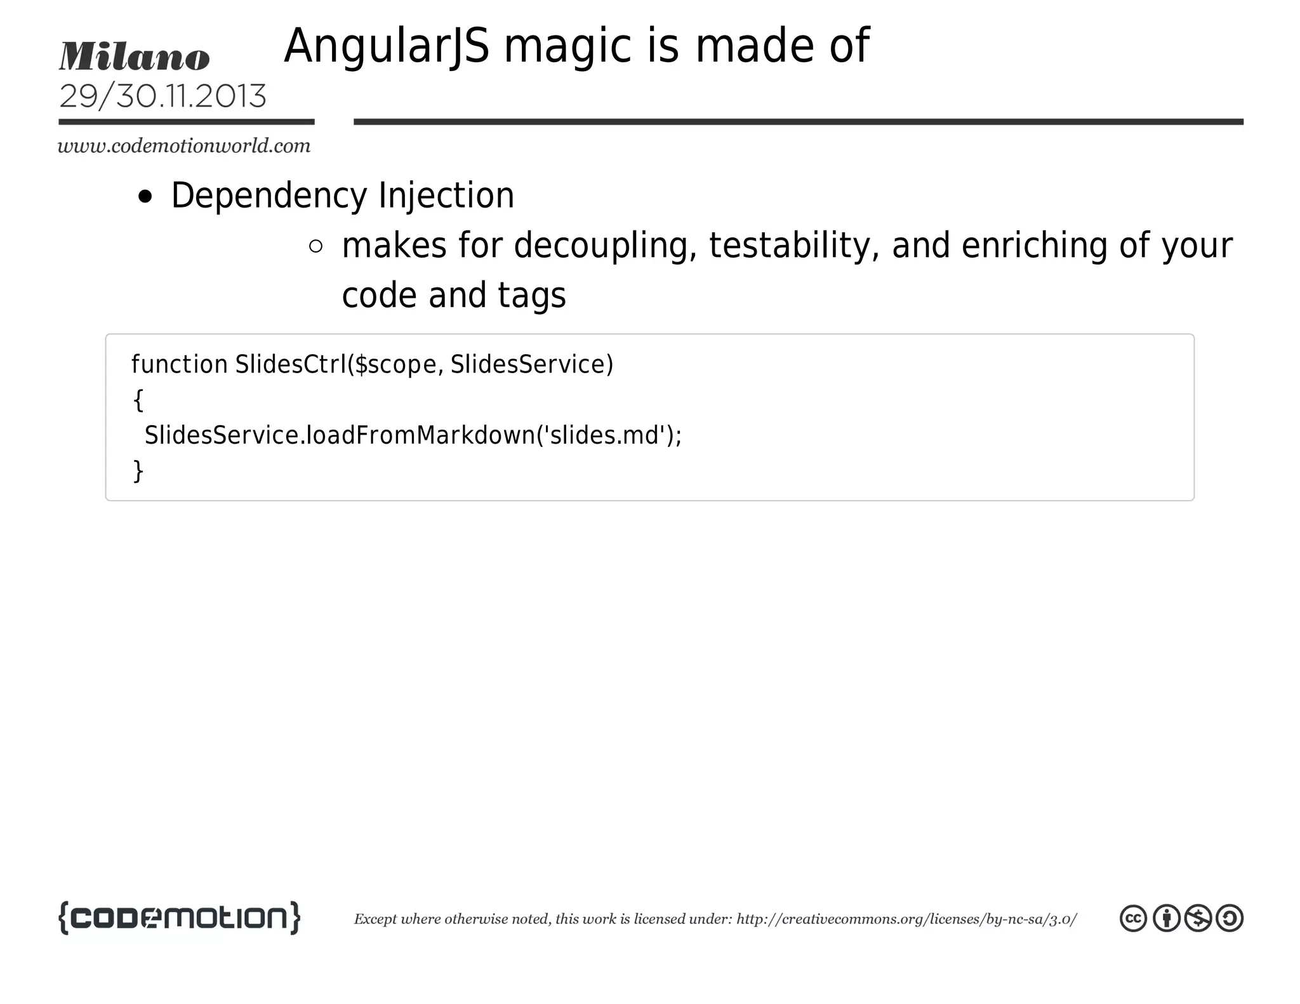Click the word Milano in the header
click(x=134, y=57)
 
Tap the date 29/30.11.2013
click(x=162, y=96)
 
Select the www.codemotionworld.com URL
click(x=184, y=146)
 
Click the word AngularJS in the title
click(x=387, y=47)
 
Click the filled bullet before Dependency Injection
click(x=145, y=197)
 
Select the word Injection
click(x=446, y=195)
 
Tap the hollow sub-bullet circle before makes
click(x=315, y=246)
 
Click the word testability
click(x=793, y=246)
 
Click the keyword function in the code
click(x=179, y=365)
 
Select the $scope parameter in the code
click(x=395, y=365)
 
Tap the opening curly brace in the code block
click(x=138, y=400)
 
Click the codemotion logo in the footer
click(x=179, y=918)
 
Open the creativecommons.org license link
click(x=906, y=920)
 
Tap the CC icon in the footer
click(x=1133, y=918)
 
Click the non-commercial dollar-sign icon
click(x=1198, y=918)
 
